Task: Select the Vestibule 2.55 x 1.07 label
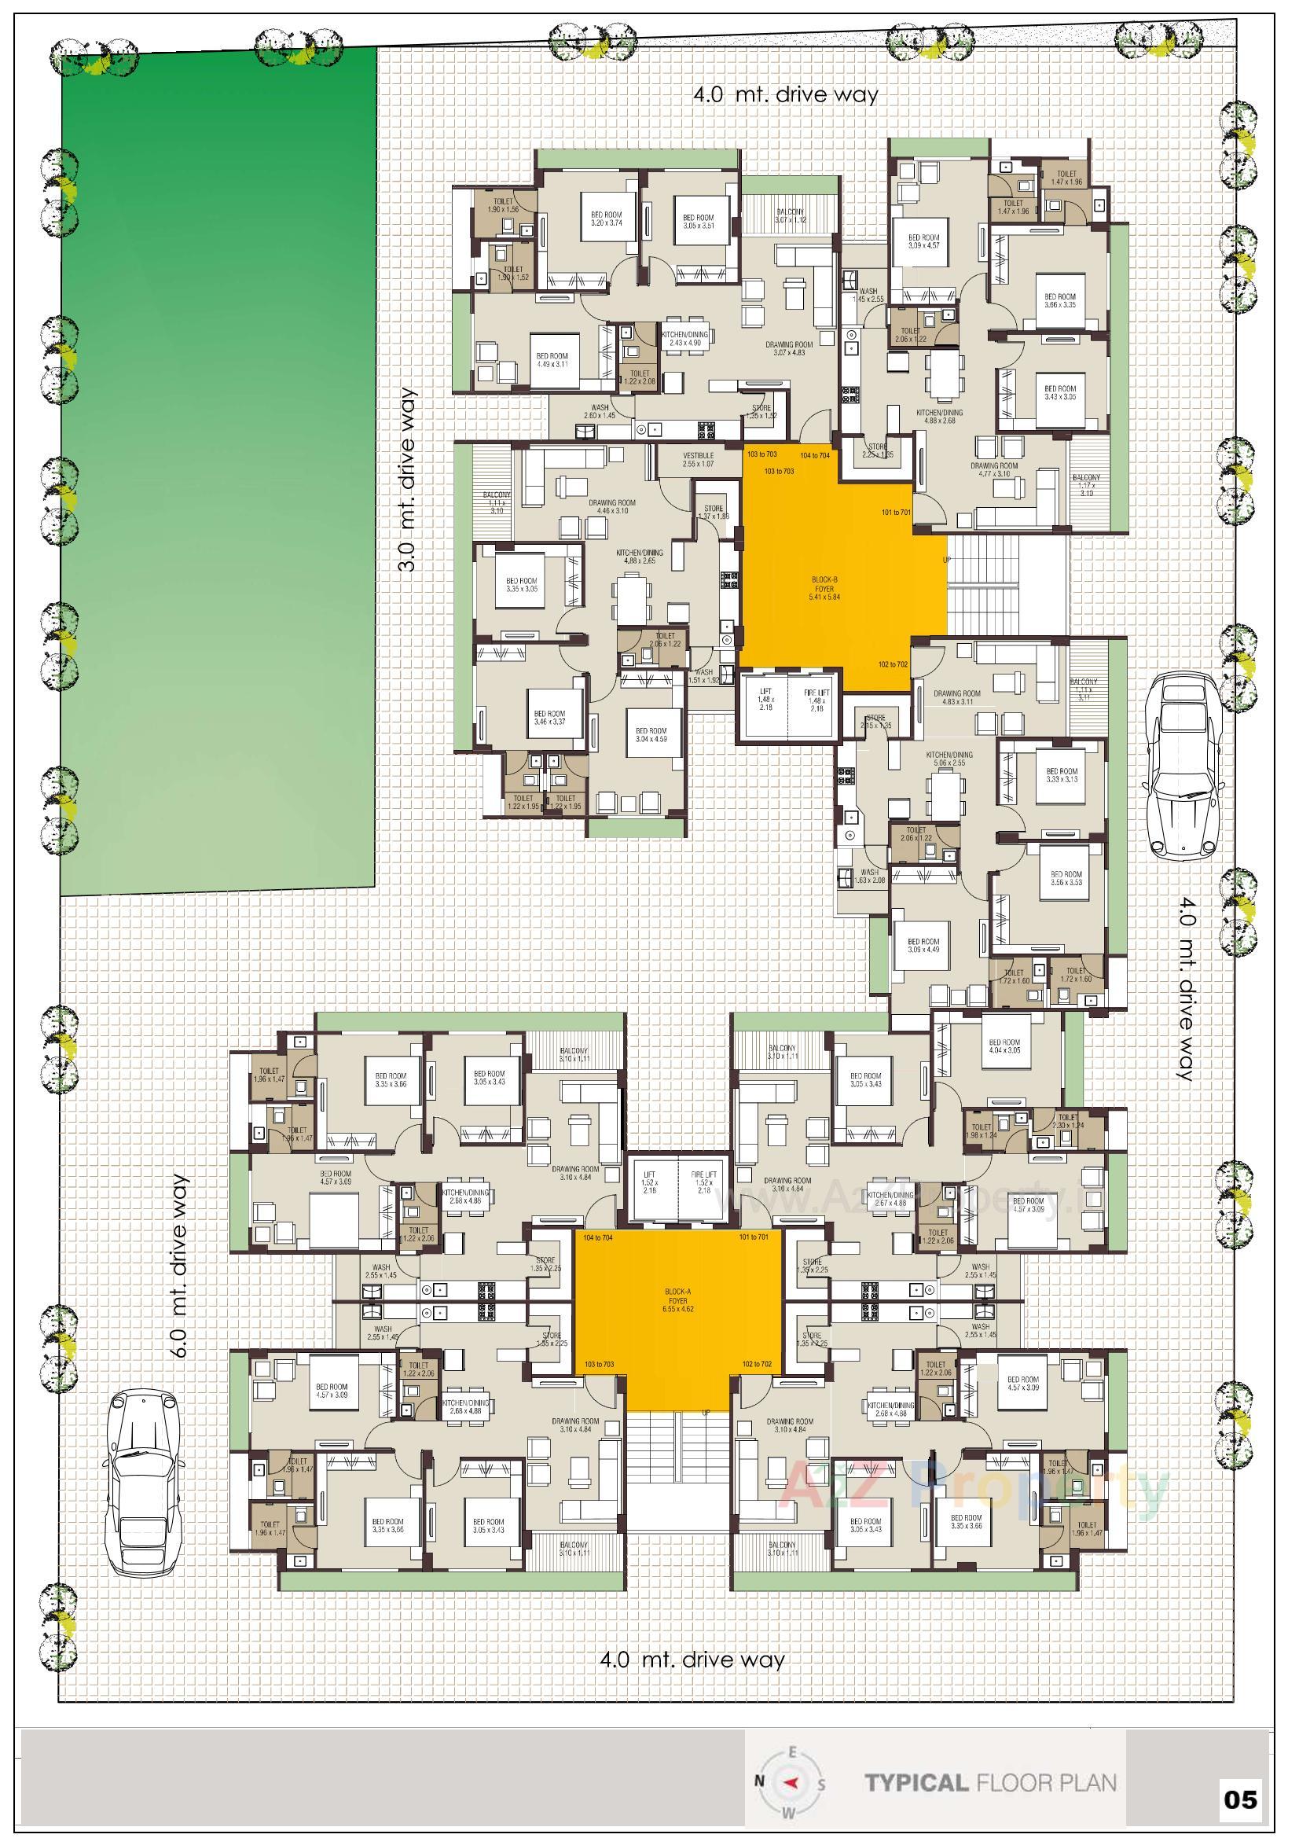(698, 458)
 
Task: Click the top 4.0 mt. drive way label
(785, 95)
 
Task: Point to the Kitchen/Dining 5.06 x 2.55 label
(949, 759)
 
